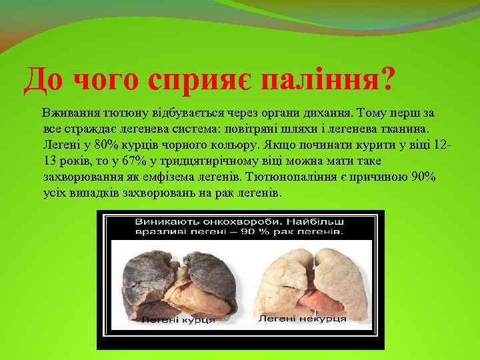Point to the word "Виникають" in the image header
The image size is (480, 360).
click(166, 221)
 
